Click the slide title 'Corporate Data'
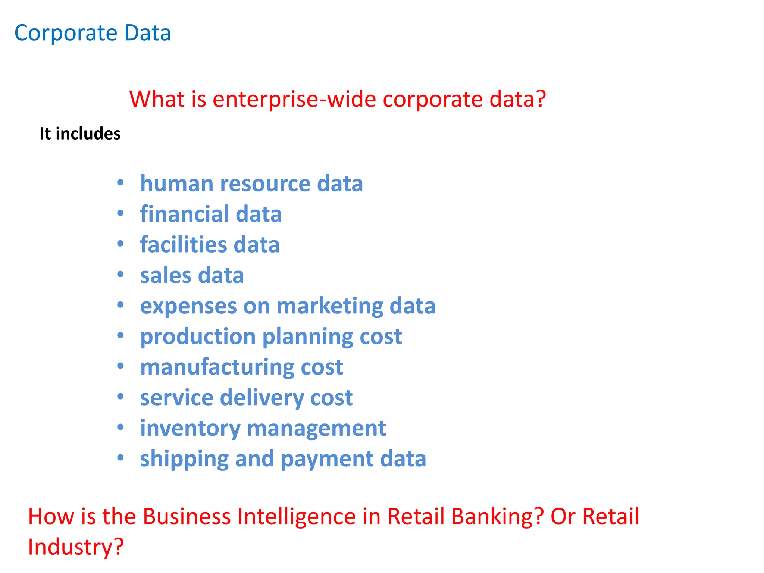(93, 33)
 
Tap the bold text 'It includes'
(80, 134)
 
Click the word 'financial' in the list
(185, 214)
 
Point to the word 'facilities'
(184, 245)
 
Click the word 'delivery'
(262, 398)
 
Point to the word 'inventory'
(190, 428)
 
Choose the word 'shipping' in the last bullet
(184, 459)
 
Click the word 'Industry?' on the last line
(76, 547)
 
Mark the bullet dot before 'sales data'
(120, 275)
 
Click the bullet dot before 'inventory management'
(120, 427)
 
